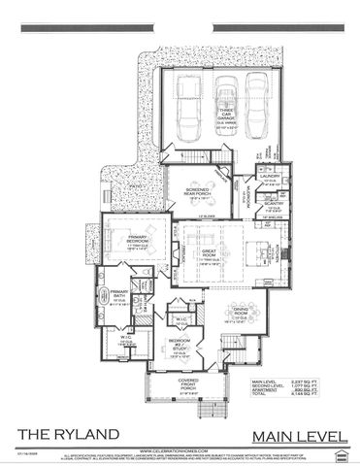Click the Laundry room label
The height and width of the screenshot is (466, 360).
coord(269,175)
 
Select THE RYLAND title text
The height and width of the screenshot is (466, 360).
coord(68,432)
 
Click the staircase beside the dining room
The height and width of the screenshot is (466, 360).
coord(256,345)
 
